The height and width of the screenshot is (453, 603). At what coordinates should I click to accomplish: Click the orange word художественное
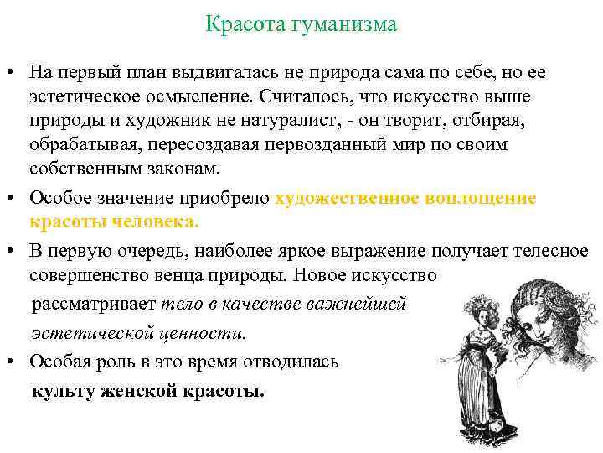(363, 199)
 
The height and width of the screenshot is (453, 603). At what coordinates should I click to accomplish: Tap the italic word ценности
(210, 332)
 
